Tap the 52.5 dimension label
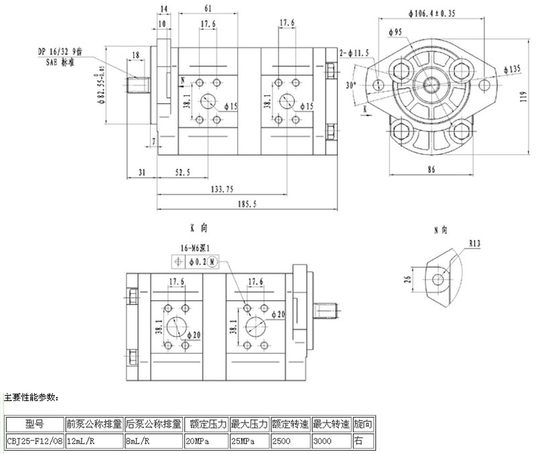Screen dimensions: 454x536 (x=182, y=172)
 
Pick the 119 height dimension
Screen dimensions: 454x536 (x=525, y=95)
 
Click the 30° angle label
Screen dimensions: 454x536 (x=350, y=85)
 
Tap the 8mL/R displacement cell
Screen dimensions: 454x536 (x=153, y=442)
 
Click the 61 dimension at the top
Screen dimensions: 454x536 (x=208, y=7)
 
